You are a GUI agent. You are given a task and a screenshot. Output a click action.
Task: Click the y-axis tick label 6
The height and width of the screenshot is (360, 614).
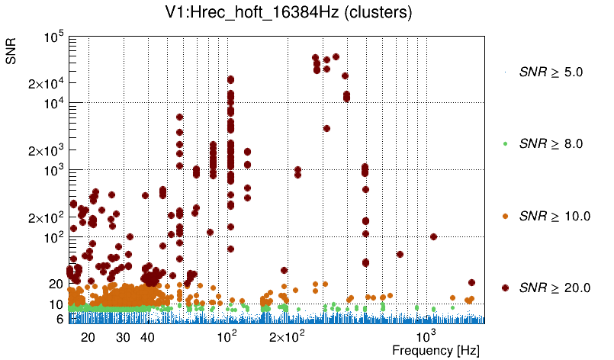59,320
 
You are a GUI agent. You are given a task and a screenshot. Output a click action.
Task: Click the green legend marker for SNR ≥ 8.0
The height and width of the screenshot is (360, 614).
506,143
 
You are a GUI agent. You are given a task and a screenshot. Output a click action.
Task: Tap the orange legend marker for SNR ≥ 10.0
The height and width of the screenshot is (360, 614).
506,216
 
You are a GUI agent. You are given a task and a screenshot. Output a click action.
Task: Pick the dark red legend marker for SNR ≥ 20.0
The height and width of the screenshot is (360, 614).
506,288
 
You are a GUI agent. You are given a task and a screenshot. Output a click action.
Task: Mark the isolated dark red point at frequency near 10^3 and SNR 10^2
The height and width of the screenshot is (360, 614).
433,236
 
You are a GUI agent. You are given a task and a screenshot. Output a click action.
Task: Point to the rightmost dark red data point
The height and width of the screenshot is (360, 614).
471,283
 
